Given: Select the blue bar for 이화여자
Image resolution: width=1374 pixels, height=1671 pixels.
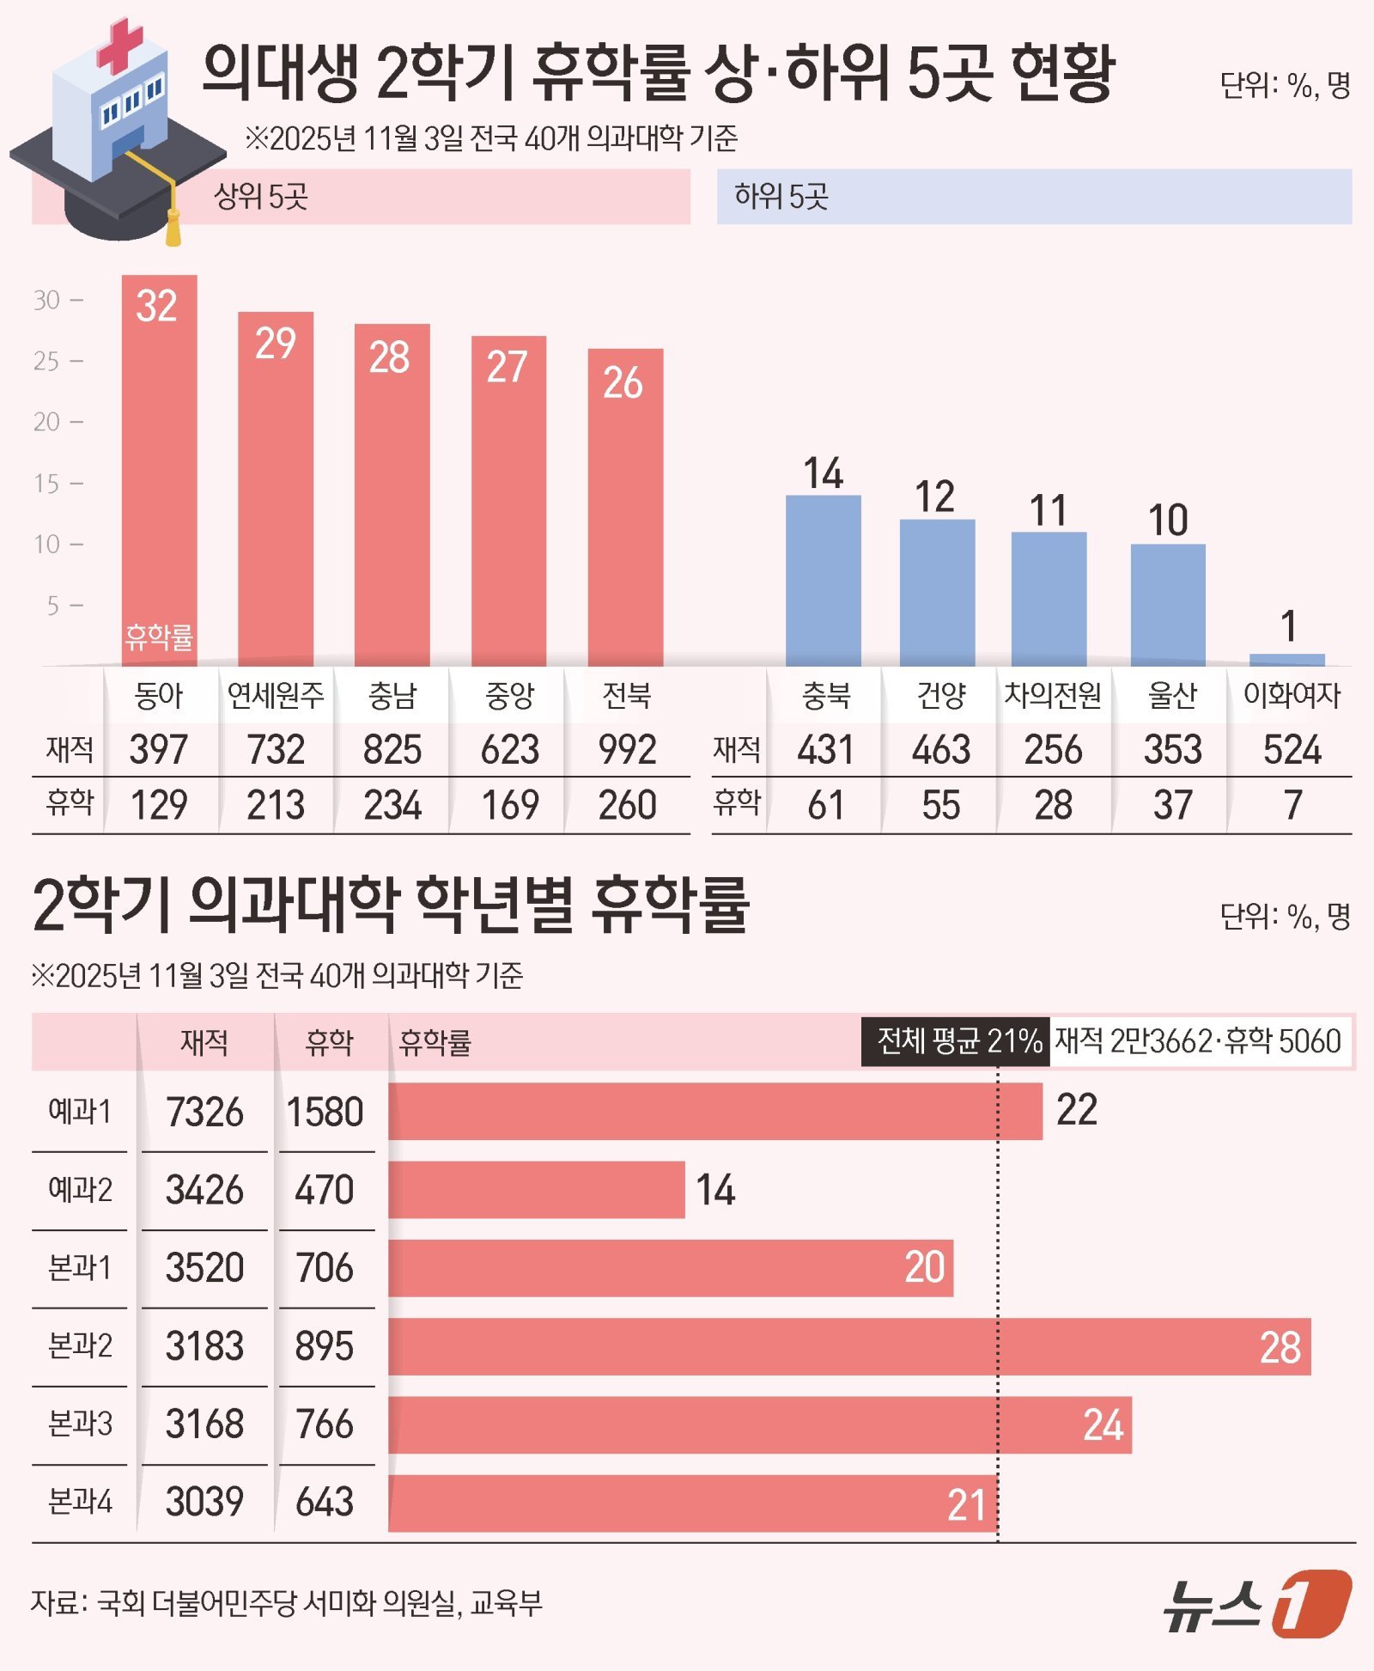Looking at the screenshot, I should (1286, 660).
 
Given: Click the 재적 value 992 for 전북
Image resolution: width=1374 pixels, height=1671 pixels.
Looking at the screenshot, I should (627, 749).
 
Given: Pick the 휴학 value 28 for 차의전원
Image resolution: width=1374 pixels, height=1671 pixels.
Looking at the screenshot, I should (1053, 806).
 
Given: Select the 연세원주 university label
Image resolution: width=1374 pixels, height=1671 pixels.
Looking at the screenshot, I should (276, 695).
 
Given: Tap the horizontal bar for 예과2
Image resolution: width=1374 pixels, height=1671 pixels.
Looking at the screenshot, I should (536, 1190).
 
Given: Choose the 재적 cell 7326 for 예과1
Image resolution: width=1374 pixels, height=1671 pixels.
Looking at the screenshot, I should (204, 1112).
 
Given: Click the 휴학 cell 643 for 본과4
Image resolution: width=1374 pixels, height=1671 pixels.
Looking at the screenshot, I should (325, 1502).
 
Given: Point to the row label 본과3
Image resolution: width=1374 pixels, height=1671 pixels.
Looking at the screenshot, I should (80, 1424).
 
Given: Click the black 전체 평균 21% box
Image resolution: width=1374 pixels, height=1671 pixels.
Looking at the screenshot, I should (955, 1041).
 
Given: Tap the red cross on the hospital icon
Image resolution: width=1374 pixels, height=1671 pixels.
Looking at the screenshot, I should (119, 45).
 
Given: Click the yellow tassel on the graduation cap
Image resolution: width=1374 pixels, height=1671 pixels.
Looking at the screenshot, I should (173, 225).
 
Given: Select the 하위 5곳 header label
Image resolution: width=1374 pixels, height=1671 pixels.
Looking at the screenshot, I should (781, 197).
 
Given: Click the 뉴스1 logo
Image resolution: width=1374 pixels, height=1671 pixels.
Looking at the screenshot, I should (1257, 1603).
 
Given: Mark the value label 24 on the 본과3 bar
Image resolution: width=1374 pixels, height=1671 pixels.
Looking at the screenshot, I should (1103, 1425).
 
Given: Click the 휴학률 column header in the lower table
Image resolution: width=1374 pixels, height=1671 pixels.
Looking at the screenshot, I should (435, 1042).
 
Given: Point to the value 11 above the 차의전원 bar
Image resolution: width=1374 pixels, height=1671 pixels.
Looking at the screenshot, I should (1048, 510).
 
